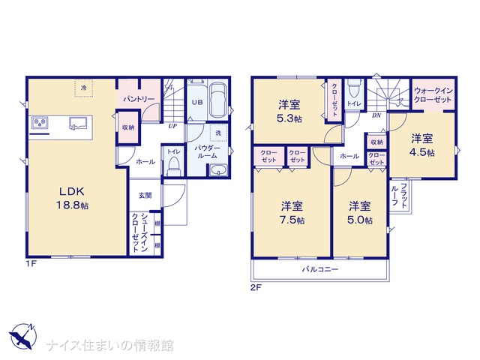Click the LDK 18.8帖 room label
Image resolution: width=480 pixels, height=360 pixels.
72,198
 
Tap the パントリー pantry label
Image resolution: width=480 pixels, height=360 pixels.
139,99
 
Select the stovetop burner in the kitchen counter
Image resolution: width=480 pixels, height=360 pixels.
40,123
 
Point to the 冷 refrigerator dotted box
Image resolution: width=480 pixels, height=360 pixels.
84,88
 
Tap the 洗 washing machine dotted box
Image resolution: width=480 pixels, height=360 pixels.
218,133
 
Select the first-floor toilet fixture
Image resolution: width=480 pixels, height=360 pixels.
174,166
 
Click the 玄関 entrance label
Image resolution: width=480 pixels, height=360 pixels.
145,195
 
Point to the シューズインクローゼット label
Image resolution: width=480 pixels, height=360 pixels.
139,232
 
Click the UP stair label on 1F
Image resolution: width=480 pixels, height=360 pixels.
172,125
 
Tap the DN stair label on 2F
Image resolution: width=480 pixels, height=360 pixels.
376,115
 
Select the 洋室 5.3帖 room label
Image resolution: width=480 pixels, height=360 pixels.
289,111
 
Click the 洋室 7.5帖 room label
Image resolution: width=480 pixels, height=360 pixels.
292,213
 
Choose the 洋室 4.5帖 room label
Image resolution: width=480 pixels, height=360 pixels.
422,145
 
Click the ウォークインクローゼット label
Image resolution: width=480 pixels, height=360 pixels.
433,95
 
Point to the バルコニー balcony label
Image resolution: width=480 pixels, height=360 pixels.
320,269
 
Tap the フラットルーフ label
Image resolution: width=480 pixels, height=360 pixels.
400,196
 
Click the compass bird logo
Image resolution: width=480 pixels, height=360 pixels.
23,336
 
